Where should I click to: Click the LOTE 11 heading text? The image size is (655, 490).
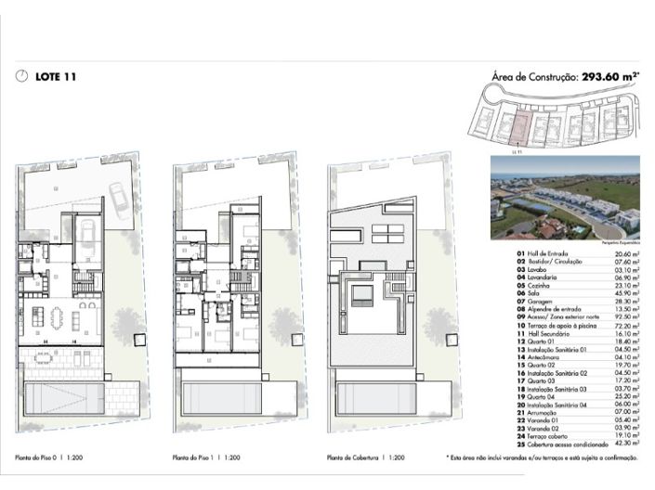pos(55,77)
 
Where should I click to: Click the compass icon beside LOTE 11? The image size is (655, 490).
pos(22,77)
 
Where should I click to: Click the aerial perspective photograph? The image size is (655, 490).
pos(565,199)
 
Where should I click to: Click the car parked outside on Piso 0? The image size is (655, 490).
pos(120,199)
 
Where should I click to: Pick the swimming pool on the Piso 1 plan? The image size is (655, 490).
pos(216,397)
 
